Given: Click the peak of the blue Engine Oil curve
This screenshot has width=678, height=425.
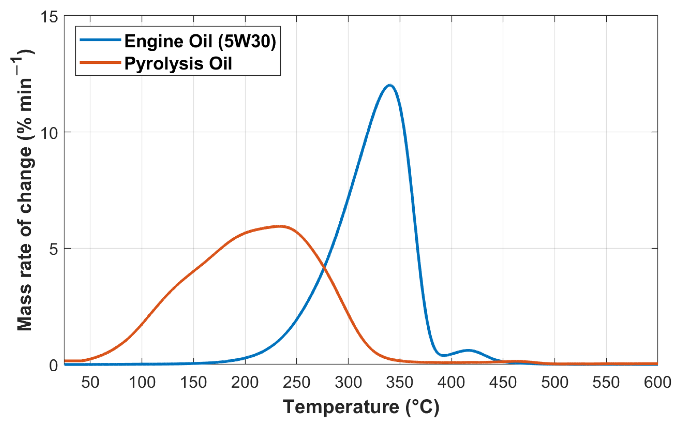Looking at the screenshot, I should (x=390, y=85).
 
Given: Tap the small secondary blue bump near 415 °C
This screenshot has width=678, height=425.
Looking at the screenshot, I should (x=468, y=350).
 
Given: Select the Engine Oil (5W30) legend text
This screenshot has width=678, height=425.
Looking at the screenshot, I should (x=200, y=41).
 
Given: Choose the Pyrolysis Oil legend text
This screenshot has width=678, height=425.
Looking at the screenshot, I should (x=178, y=63).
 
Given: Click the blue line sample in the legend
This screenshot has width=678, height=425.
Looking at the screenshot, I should (x=101, y=40).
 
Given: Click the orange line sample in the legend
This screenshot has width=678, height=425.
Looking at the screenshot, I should (x=101, y=62).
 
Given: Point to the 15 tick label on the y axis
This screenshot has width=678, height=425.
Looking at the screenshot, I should (x=49, y=16).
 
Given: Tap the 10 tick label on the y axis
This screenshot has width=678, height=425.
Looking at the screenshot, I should (x=49, y=133).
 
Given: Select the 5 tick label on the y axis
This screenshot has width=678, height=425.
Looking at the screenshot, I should (x=54, y=249).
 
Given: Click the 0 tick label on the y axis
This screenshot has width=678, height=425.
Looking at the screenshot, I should (x=54, y=365).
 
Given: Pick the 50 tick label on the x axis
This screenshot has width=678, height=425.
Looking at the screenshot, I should (x=90, y=383).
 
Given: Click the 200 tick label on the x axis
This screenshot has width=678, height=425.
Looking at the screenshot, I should (x=245, y=383).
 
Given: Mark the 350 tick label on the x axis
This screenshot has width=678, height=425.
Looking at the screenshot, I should (x=400, y=383).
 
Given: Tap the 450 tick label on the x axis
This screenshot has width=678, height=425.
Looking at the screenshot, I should (x=503, y=383).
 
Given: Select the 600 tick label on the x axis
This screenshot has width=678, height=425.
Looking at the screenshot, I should (x=657, y=383).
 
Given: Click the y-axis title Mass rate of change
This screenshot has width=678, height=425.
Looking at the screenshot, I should (x=25, y=190).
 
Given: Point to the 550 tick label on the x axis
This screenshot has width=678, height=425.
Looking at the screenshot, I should (x=606, y=383).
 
